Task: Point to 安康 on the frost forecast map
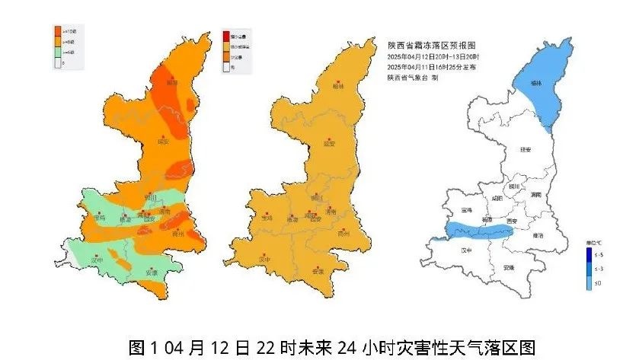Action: pyautogui.click(x=509, y=268)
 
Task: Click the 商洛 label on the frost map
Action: pyautogui.click(x=539, y=236)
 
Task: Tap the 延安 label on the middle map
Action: pyautogui.click(x=329, y=143)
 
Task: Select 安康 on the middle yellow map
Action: pyautogui.click(x=318, y=271)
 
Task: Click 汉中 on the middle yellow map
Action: pyautogui.click(x=265, y=260)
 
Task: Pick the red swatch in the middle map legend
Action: pyautogui.click(x=225, y=36)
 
